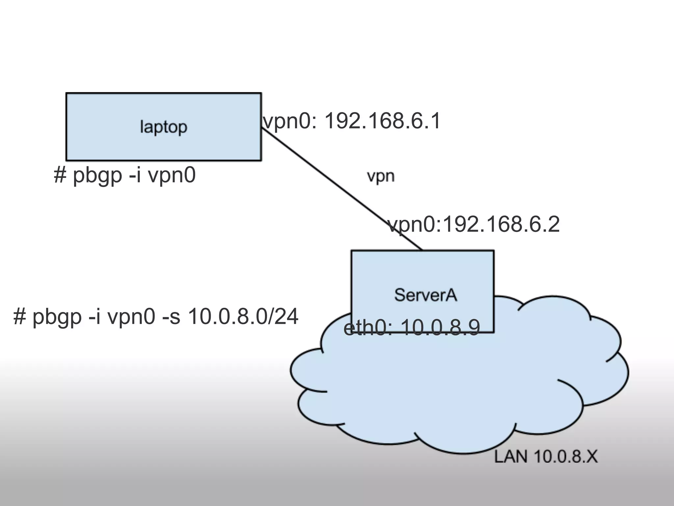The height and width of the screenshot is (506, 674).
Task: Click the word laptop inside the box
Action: pyautogui.click(x=164, y=127)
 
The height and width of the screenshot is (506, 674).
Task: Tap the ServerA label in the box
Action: pyautogui.click(x=426, y=295)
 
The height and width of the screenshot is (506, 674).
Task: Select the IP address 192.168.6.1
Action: pyautogui.click(x=382, y=121)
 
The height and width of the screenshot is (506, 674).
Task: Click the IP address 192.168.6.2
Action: pyautogui.click(x=501, y=225)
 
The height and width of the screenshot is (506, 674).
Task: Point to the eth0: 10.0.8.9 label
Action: pyautogui.click(x=412, y=328)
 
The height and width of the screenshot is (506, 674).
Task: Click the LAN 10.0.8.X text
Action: pyautogui.click(x=546, y=457)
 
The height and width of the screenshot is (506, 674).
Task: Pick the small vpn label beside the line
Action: pyautogui.click(x=380, y=177)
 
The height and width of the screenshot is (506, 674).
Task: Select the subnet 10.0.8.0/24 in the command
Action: pyautogui.click(x=243, y=317)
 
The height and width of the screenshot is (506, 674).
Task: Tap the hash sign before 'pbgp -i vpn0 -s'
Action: pyautogui.click(x=19, y=317)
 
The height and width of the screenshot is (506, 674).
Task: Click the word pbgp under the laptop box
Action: pyautogui.click(x=97, y=176)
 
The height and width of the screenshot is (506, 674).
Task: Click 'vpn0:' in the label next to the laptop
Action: pyautogui.click(x=290, y=121)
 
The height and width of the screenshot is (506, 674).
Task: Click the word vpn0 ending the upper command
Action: pyautogui.click(x=172, y=175)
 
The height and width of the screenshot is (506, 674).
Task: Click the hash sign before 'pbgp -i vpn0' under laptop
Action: pyautogui.click(x=60, y=175)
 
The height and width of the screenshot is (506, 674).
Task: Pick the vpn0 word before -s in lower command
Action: pyautogui.click(x=131, y=317)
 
